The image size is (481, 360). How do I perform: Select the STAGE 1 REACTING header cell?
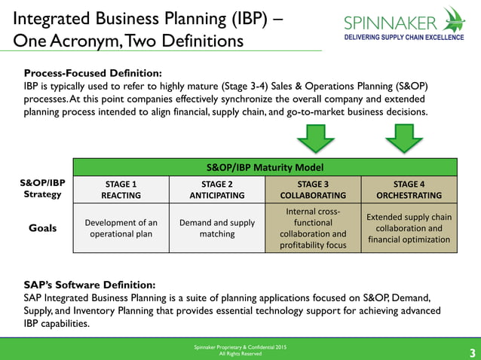click(121, 189)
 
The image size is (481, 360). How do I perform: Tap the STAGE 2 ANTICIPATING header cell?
click(217, 189)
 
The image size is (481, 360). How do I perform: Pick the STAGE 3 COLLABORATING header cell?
click(313, 189)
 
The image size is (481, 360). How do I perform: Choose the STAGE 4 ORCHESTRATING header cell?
click(409, 189)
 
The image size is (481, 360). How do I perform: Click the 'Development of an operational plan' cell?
click(121, 228)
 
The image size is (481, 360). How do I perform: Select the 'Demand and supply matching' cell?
click(217, 228)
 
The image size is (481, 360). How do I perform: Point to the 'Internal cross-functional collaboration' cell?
click(313, 228)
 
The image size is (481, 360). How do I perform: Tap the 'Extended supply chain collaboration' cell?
click(409, 228)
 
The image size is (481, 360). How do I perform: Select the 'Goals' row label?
click(43, 227)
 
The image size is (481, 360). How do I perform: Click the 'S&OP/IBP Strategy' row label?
click(42, 189)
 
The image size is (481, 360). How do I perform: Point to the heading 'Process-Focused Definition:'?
click(93, 73)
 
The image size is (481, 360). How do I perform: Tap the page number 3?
click(472, 352)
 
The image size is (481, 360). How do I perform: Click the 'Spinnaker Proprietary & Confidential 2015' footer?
click(240, 346)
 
